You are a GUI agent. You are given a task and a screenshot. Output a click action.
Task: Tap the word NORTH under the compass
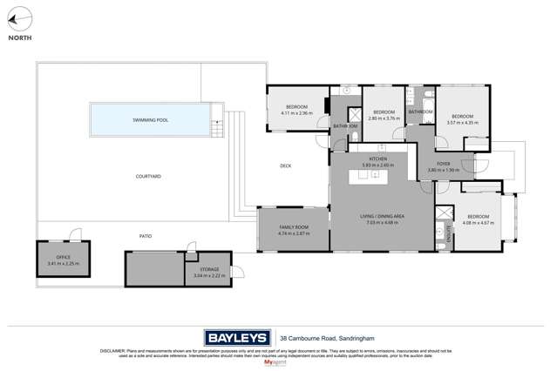pyautogui.click(x=18, y=38)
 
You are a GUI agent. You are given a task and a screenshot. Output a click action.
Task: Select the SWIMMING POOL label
pyautogui.click(x=150, y=119)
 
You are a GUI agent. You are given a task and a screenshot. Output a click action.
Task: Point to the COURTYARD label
pyautogui.click(x=148, y=177)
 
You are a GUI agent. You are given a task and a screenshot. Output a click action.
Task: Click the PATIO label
pyautogui.click(x=146, y=236)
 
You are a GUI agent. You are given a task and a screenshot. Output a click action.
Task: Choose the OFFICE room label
pyautogui.click(x=63, y=258)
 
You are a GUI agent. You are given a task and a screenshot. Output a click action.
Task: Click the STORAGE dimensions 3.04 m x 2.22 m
pyautogui.click(x=209, y=275)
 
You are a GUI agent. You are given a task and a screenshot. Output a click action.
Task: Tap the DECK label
pyautogui.click(x=285, y=165)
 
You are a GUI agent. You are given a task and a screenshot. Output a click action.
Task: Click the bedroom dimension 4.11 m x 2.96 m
pyautogui.click(x=296, y=113)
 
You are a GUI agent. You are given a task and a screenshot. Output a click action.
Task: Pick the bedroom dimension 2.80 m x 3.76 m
pyautogui.click(x=384, y=118)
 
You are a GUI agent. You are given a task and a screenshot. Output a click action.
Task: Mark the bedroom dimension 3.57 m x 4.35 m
pyautogui.click(x=462, y=122)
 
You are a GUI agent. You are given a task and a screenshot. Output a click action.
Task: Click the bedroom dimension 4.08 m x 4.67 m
pyautogui.click(x=479, y=223)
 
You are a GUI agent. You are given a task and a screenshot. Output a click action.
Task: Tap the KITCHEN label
pyautogui.click(x=377, y=159)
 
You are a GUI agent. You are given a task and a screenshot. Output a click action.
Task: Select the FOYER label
pyautogui.click(x=444, y=164)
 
